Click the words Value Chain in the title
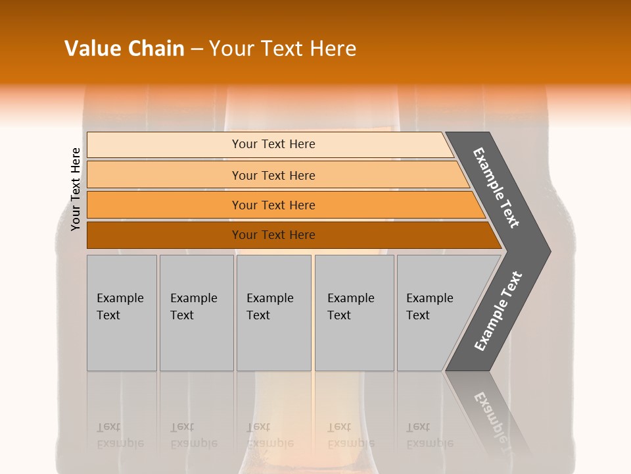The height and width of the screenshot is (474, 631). [x=124, y=49]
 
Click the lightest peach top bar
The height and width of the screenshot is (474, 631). [x=164, y=145]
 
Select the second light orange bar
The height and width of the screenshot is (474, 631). [x=164, y=175]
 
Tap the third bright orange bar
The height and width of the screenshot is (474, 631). [x=164, y=205]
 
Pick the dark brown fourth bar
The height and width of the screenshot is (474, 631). [x=164, y=235]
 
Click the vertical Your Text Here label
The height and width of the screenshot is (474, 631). [x=76, y=189]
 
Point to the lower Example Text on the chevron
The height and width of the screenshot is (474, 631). [x=498, y=311]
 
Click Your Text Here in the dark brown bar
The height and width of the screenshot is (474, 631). [x=273, y=235]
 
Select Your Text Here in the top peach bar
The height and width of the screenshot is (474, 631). [x=273, y=144]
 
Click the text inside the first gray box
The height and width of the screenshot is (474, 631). [x=120, y=307]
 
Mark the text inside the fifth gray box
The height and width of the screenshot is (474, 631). [x=429, y=307]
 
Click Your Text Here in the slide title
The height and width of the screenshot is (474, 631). [x=283, y=49]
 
